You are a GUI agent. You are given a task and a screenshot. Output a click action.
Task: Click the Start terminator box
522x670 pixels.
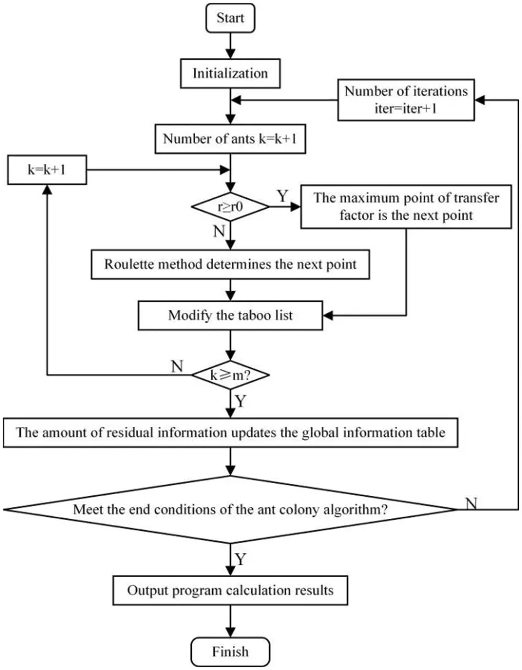(230, 18)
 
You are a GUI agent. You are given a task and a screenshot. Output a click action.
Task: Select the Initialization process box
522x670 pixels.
(230, 73)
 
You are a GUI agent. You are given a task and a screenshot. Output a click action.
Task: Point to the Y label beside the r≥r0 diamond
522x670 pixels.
(281, 195)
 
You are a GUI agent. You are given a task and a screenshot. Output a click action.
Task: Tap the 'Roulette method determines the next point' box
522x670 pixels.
(230, 264)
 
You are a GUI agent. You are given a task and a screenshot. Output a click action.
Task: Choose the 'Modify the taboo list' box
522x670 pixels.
(230, 315)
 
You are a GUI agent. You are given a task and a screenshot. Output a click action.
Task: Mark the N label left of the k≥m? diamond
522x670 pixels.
(177, 366)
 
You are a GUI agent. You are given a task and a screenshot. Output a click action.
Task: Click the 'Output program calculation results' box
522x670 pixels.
(230, 591)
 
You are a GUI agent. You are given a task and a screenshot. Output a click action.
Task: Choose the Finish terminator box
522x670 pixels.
(230, 652)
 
